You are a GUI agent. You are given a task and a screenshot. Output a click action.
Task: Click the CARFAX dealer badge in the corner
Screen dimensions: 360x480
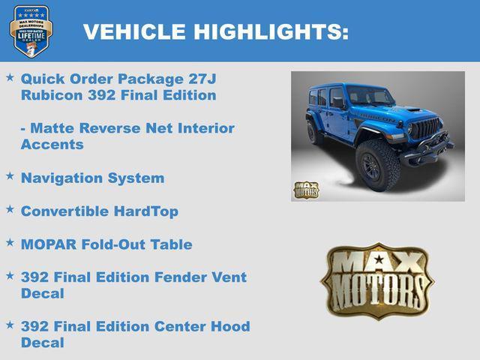coord(31,31)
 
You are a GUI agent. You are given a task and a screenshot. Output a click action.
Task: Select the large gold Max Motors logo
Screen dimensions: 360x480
coord(376,280)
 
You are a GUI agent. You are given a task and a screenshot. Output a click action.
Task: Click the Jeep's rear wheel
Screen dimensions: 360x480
coord(314,130)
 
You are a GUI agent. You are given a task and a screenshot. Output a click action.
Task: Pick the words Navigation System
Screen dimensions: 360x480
coord(92,178)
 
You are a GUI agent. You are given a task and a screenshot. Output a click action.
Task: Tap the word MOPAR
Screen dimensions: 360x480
coord(48,244)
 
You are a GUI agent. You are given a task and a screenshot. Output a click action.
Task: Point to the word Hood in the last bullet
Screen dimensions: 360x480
coord(229,326)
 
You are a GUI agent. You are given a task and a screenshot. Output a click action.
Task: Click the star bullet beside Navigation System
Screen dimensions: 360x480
coord(10,175)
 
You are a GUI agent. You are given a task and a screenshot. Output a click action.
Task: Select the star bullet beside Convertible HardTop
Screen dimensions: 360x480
coord(10,209)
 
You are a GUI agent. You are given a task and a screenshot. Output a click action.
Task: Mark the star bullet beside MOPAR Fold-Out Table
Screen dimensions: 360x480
coord(10,242)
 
